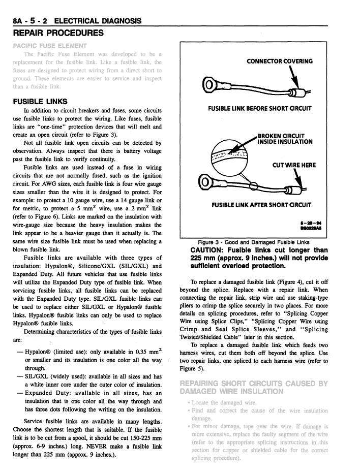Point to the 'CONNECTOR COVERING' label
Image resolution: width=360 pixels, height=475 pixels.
click(279, 61)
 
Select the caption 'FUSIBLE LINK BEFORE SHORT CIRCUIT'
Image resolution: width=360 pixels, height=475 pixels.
click(259, 108)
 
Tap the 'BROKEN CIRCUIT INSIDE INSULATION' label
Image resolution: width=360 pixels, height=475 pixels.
click(284, 139)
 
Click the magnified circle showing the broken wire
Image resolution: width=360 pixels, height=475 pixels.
click(228, 156)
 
